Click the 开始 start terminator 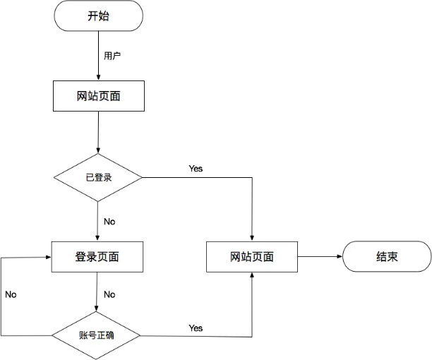[98, 16]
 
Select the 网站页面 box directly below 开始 [98, 96]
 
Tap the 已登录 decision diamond [98, 177]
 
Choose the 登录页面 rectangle [97, 257]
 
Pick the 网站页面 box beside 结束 [252, 257]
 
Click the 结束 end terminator [387, 256]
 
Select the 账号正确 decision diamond [97, 335]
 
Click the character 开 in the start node [92, 16]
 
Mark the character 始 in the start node [104, 16]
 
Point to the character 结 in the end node [381, 256]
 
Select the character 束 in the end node [392, 256]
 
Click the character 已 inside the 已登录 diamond [90, 177]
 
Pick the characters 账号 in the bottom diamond [88, 335]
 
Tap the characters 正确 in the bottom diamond [105, 335]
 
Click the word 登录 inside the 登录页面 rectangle [86, 257]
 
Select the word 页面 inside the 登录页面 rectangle [108, 257]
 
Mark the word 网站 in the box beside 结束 [241, 257]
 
